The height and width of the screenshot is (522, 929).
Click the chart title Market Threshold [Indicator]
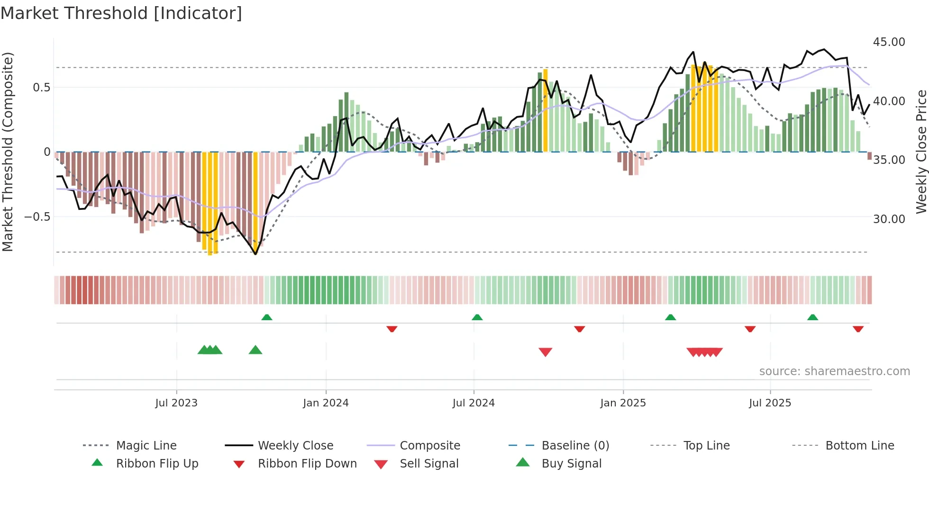click(121, 13)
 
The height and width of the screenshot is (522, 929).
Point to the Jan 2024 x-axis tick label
click(326, 403)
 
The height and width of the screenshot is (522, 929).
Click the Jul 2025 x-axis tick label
click(770, 403)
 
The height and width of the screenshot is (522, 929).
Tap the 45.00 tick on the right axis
click(889, 42)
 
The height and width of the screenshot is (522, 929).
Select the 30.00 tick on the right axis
click(889, 219)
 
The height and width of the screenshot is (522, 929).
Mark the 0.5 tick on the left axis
click(41, 88)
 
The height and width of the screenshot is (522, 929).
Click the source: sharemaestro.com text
click(834, 371)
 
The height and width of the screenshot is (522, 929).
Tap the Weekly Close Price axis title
click(921, 152)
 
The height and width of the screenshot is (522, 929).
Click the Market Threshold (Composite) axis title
click(8, 152)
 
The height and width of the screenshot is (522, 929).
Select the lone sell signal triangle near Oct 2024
click(545, 352)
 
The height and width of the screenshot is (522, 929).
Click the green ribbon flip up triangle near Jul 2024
click(477, 317)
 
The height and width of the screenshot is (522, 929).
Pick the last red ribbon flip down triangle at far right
click(858, 329)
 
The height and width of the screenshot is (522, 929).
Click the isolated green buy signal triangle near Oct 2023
click(255, 350)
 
